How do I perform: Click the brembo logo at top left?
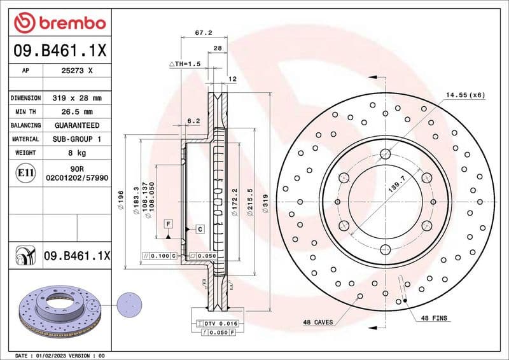click(x=59, y=23)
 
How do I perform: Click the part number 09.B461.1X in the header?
click(x=59, y=50)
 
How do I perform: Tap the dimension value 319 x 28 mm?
click(x=76, y=98)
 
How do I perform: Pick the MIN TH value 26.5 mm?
click(x=76, y=112)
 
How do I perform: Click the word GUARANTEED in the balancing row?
click(x=76, y=125)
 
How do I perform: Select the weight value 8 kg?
click(x=76, y=153)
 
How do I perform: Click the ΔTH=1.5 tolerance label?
click(x=185, y=64)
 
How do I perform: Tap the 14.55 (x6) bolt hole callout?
click(x=464, y=95)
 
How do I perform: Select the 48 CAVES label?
click(x=317, y=322)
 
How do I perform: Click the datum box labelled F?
click(x=169, y=224)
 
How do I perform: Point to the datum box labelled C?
click(x=199, y=228)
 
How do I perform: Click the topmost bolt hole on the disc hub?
click(x=386, y=153)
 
